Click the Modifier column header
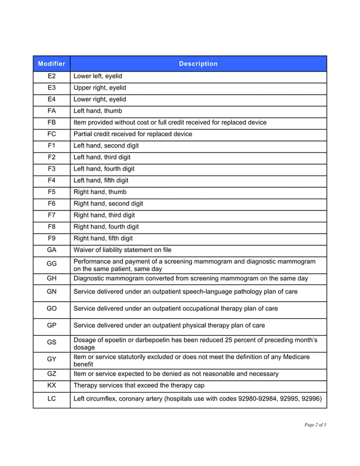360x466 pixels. pos(51,64)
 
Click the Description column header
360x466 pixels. pos(198,64)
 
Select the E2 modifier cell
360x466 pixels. pos(51,76)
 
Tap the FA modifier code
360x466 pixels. pos(51,111)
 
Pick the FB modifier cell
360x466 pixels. pos(51,122)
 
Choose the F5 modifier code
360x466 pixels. pos(51,192)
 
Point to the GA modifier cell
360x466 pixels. pos(51,250)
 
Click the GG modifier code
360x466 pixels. pos(51,265)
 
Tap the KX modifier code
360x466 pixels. pos(51,385)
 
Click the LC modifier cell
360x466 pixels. pos(51,399)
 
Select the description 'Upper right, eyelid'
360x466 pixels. pos(100,88)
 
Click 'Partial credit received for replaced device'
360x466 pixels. pos(133,134)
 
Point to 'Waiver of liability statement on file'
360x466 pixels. pos(122,250)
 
